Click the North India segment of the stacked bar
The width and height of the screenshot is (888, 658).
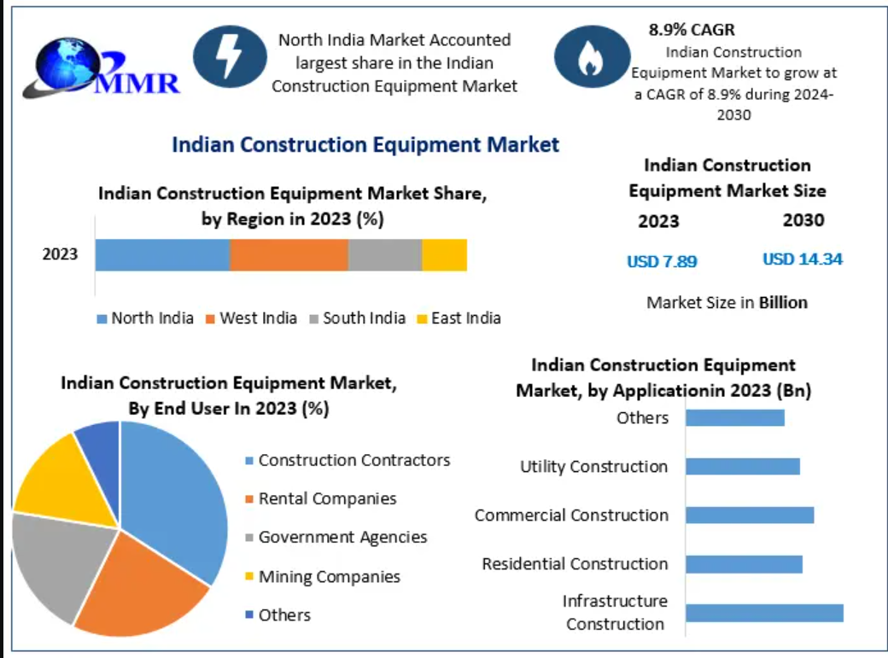[162, 255]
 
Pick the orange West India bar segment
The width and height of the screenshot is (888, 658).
[289, 255]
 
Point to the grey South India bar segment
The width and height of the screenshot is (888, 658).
[385, 255]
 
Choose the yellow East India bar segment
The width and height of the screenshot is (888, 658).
[445, 255]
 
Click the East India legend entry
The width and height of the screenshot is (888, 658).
[459, 318]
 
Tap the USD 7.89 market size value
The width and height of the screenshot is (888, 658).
[662, 261]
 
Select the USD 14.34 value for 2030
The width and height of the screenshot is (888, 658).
[802, 259]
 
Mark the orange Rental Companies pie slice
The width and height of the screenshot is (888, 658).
[145, 589]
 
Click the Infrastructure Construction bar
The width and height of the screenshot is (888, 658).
[764, 613]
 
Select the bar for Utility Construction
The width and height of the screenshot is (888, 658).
[742, 466]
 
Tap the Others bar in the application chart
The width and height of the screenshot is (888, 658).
[734, 417]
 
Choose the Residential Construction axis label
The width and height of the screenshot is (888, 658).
[575, 564]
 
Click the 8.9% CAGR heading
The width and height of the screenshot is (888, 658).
[692, 31]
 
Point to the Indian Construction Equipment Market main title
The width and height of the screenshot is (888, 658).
[365, 144]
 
